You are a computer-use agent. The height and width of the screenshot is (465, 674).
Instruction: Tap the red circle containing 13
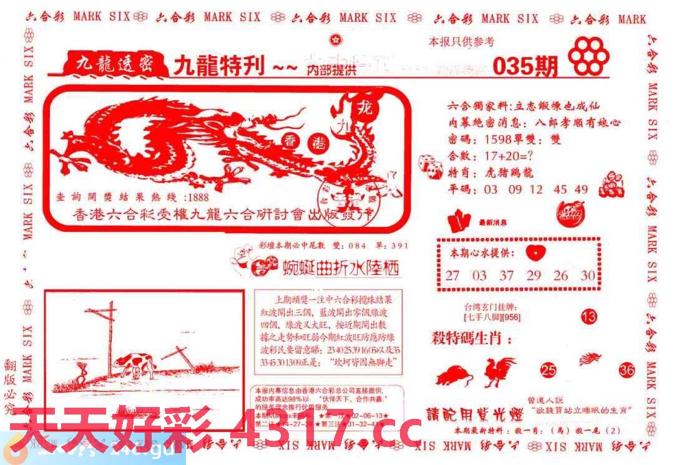589,317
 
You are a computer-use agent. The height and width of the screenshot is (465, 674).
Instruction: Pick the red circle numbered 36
627,370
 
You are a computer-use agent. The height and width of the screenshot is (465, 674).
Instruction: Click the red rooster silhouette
500,372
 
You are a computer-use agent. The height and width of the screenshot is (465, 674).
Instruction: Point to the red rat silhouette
454,376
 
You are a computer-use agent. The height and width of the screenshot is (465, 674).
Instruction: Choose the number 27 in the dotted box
452,275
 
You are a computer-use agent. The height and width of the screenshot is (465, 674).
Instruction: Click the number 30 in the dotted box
587,275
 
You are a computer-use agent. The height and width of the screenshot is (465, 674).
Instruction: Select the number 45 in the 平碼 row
560,189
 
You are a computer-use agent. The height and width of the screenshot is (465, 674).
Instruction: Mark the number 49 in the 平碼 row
582,189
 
